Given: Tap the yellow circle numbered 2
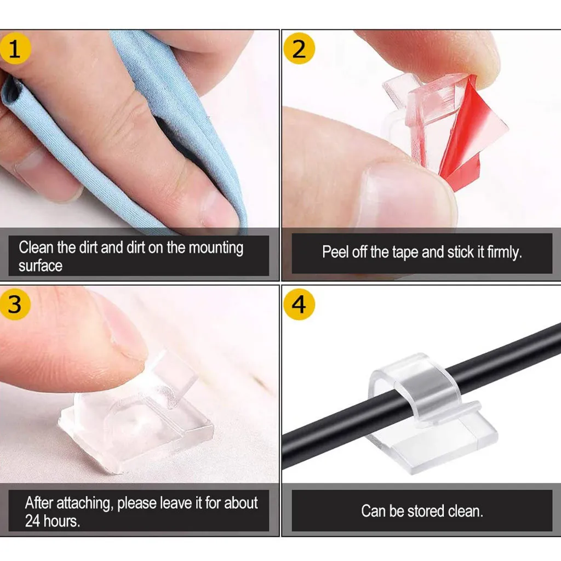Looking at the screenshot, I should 299,49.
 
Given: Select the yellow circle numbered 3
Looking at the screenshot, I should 15,304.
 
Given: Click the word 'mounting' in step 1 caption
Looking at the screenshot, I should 215,248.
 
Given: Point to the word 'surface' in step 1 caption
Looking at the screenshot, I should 41,266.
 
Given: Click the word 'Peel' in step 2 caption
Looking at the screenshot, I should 334,252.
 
